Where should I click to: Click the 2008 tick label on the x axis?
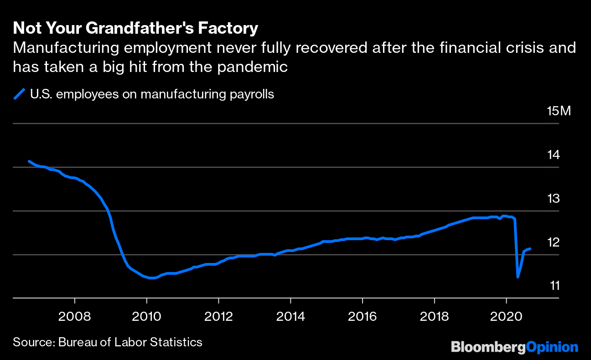pos(74,316)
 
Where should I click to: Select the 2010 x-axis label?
pos(146,316)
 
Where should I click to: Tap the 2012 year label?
pos(218,316)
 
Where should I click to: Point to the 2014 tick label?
pos(290,316)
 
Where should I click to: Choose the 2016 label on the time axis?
pos(363,316)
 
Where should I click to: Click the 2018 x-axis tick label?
pos(435,316)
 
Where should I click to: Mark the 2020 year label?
pos(507,316)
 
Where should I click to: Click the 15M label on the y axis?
pos(559,111)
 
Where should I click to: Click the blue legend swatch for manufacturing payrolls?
pos(19,94)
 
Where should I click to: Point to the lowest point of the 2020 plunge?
pos(518,277)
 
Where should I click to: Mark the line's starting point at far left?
pos(29,161)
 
